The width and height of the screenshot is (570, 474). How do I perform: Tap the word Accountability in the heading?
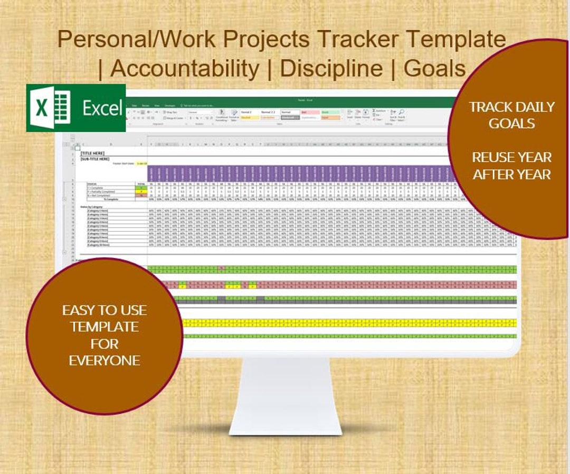tap(185, 68)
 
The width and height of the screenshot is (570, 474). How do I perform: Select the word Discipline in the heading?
tap(331, 68)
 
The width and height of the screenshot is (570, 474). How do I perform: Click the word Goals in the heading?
tap(434, 68)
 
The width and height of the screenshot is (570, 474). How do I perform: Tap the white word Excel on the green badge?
tap(102, 108)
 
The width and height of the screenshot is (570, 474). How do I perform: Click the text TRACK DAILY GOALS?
tap(511, 115)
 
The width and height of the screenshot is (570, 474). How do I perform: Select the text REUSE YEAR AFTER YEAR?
tap(511, 165)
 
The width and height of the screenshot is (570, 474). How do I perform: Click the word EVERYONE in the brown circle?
tap(104, 360)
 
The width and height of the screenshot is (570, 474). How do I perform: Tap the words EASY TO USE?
tap(104, 310)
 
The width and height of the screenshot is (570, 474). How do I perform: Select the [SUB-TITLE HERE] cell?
tap(95, 159)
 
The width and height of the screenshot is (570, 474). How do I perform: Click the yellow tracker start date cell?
tap(142, 164)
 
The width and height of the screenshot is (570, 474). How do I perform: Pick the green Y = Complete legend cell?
tap(141, 188)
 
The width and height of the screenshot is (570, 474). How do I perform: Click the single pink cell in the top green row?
tap(222, 268)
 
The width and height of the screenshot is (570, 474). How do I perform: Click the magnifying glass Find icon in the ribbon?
tap(402, 112)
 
